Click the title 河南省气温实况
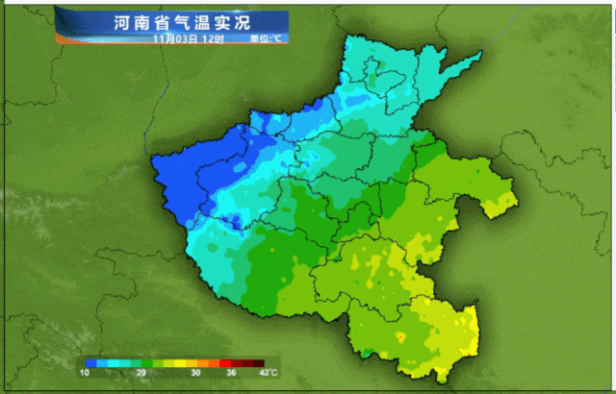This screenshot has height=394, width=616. tap(172, 21)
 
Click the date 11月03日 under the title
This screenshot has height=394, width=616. tap(174, 38)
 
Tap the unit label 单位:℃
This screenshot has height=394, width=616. tap(265, 38)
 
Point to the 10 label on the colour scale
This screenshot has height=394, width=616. tap(86, 373)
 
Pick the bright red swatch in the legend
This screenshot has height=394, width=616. tap(226, 362)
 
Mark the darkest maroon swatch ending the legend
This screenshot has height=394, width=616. tap(257, 362)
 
